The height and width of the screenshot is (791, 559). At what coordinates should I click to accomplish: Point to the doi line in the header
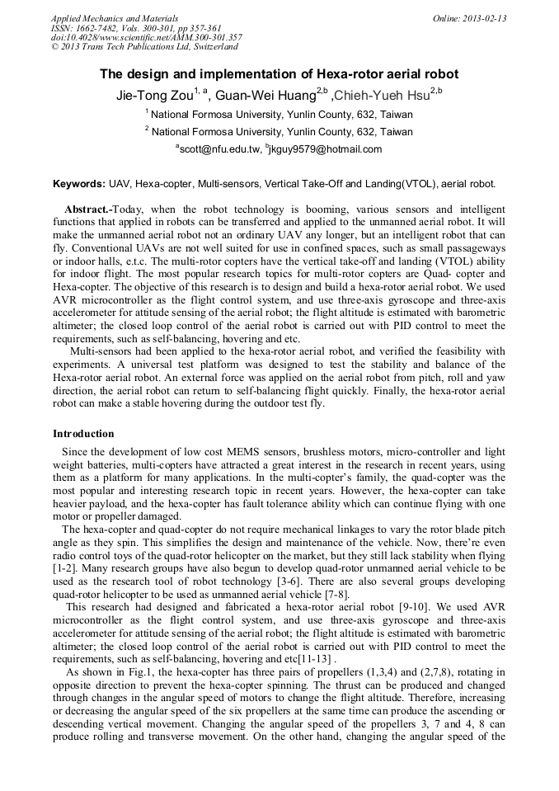[x=146, y=37]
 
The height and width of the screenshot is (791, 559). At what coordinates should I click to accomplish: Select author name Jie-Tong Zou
[x=153, y=96]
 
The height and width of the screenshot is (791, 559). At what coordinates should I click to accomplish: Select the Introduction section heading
[x=83, y=434]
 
